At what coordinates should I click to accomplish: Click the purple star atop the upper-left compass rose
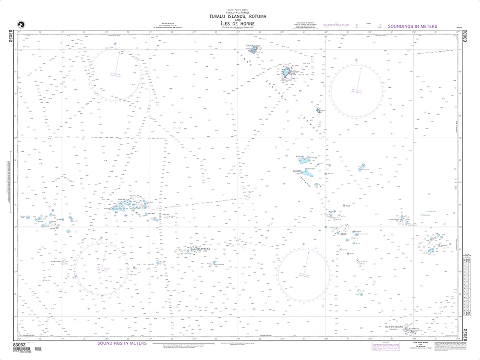click(x=115, y=44)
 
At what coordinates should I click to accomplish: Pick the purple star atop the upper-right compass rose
click(x=357, y=60)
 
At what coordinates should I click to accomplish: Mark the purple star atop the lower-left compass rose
click(x=101, y=238)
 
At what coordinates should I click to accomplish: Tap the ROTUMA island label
click(x=204, y=248)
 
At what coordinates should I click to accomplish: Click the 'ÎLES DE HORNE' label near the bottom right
click(x=389, y=325)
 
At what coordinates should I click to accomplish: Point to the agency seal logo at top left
click(x=21, y=24)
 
